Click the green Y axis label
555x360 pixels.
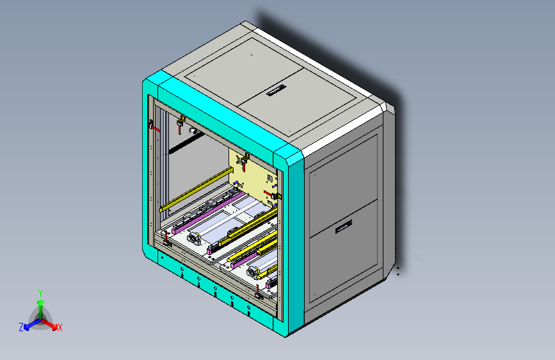tap(40, 292)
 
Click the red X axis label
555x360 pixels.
tap(60, 327)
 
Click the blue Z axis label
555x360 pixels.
tap(21, 327)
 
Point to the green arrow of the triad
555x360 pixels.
tap(40, 305)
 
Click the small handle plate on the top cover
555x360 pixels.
tap(278, 90)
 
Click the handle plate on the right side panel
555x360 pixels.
tap(343, 225)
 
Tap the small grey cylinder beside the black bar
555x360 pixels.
tap(192, 130)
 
